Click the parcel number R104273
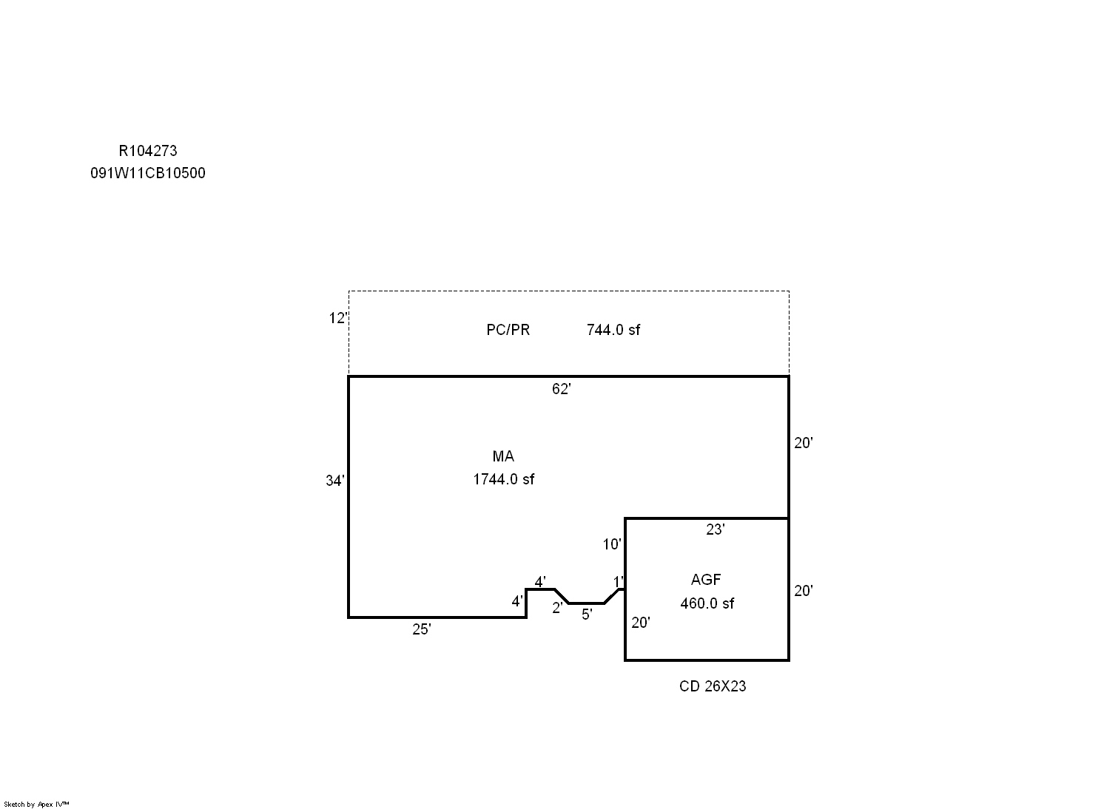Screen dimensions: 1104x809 pos(148,151)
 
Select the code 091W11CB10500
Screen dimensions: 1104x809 pos(148,173)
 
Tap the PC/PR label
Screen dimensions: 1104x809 pos(508,330)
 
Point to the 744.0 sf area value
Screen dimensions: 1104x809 pos(613,330)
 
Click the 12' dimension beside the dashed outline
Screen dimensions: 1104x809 pos(338,318)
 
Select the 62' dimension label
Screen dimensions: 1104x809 pos(562,389)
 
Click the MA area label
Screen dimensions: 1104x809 pos(503,456)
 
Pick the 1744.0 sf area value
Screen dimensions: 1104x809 pos(503,479)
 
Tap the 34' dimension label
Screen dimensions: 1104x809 pos(335,481)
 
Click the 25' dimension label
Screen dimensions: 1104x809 pos(421,629)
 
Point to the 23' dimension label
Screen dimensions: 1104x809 pos(715,529)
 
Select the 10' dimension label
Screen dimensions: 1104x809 pos(612,544)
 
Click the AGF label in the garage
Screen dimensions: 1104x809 pos(706,580)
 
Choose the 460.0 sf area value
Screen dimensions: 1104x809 pos(707,603)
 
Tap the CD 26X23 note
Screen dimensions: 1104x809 pos(712,686)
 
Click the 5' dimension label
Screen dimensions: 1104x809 pos(587,614)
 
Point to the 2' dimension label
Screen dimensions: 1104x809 pos(557,608)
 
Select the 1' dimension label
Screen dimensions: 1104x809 pos(618,582)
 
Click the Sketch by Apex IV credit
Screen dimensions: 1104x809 pos(36,804)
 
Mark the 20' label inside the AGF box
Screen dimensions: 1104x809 pos(641,622)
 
